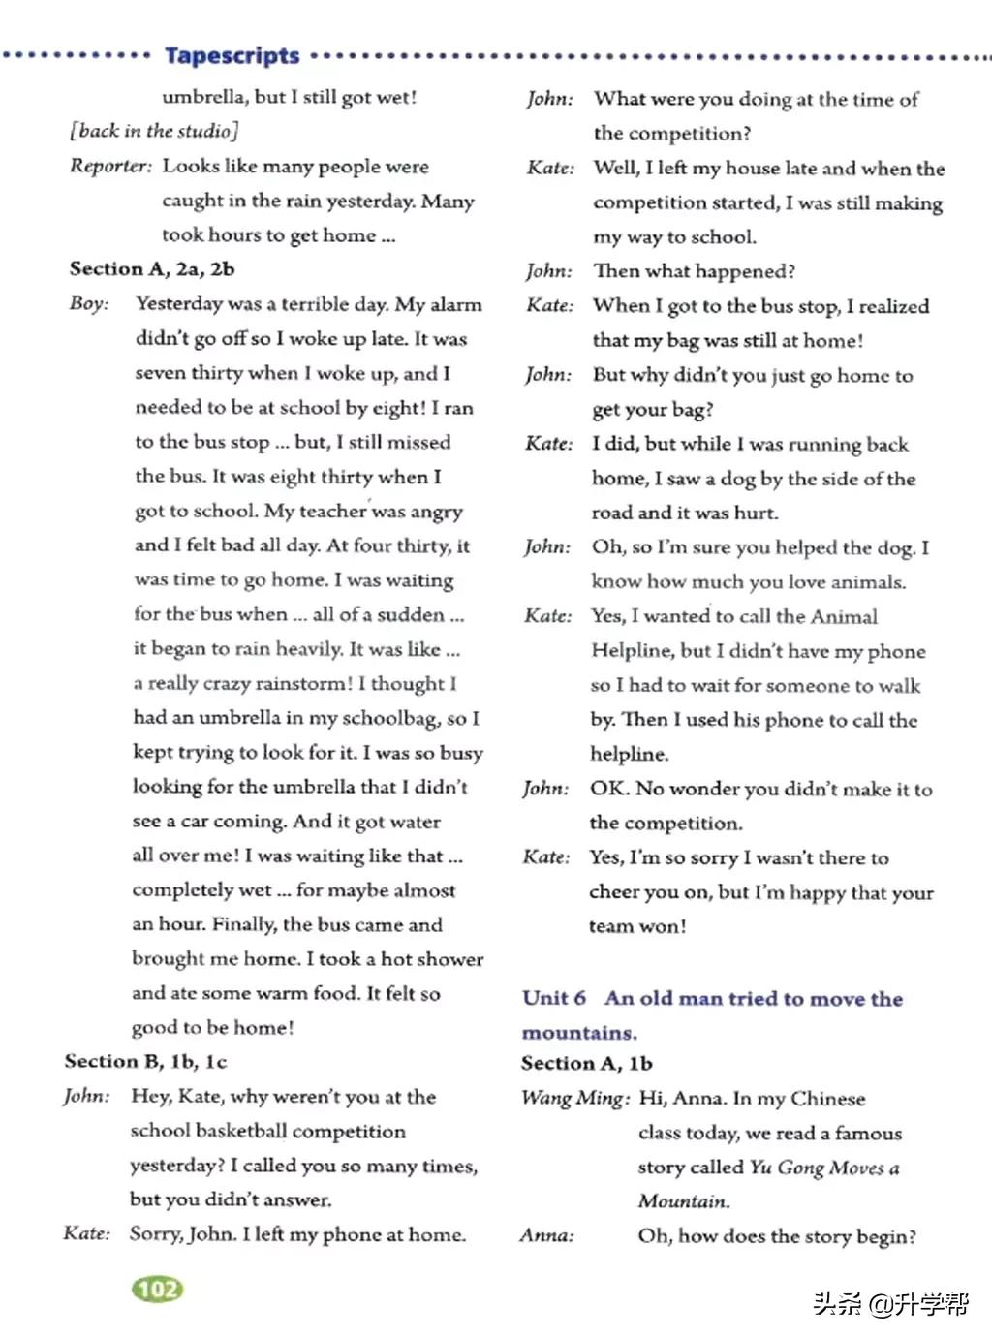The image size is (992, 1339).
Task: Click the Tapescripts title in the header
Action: pos(232,55)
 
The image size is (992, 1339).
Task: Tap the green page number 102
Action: pos(157,1289)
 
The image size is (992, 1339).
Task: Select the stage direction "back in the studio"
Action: pos(154,131)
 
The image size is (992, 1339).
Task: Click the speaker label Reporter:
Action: pos(110,166)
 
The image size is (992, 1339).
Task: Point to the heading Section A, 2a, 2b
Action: pos(152,269)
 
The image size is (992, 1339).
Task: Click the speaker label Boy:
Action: pos(89,304)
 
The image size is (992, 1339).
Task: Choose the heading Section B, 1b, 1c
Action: pos(146,1061)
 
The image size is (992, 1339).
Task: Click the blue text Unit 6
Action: pos(554,998)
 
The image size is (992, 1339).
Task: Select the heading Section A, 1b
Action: pos(587,1063)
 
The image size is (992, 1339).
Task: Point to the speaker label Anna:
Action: pos(547,1235)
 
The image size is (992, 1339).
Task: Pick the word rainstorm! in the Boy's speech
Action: pos(302,683)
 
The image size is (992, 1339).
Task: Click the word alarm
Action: pos(455,304)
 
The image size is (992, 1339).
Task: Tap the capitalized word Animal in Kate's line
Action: pos(844,616)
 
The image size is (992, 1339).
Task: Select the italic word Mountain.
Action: pos(684,1201)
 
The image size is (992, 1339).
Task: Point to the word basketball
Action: pos(241,1131)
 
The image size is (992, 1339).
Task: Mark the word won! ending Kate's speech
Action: pos(663,926)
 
